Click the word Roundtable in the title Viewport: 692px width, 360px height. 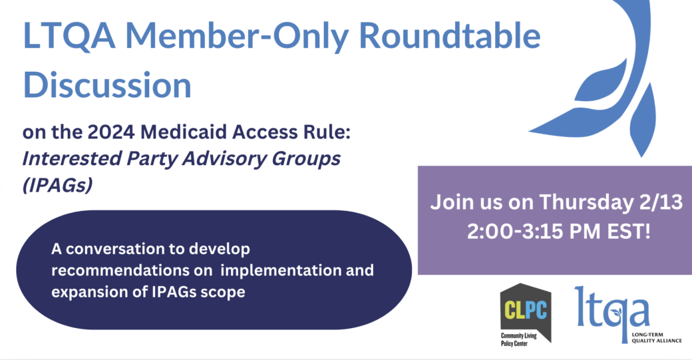[450, 36]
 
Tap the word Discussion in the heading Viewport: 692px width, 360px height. [107, 85]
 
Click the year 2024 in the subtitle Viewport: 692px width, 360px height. [111, 132]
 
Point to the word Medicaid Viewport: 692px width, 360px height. [186, 132]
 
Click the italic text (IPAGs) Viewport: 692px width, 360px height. [57, 185]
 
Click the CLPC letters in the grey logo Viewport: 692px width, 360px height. [526, 309]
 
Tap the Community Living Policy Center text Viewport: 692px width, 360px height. [518, 339]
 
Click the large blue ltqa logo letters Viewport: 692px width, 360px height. [612, 311]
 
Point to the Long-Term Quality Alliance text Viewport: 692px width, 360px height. [657, 337]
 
